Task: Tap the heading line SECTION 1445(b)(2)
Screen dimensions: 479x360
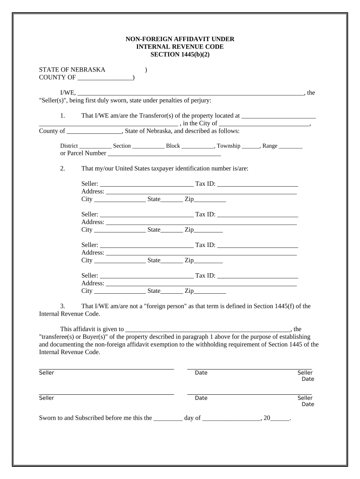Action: [x=180, y=54]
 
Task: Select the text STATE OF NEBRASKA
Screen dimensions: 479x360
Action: [x=72, y=70]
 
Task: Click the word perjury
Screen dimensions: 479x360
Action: [x=201, y=100]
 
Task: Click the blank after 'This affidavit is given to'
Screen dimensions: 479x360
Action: [x=208, y=330]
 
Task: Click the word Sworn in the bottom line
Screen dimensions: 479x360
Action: [x=48, y=418]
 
